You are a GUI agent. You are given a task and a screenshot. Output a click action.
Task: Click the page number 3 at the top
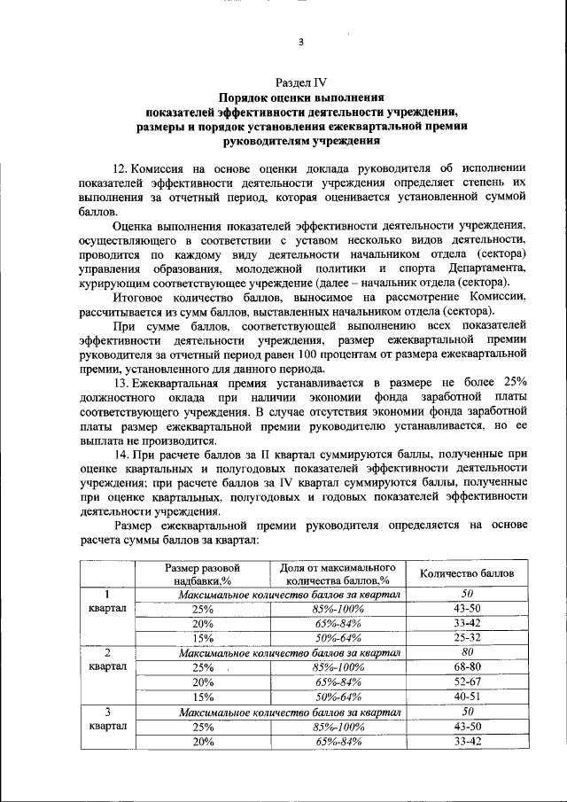pyautogui.click(x=300, y=42)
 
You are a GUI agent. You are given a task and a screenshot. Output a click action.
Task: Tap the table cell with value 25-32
pyautogui.click(x=466, y=637)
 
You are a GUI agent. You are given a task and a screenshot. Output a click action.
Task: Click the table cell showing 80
pyautogui.click(x=466, y=652)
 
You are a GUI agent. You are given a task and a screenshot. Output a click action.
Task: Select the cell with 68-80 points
pyautogui.click(x=466, y=666)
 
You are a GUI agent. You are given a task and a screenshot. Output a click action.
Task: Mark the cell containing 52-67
pyautogui.click(x=466, y=681)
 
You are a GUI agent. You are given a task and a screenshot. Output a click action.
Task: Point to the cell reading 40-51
pyautogui.click(x=466, y=697)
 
